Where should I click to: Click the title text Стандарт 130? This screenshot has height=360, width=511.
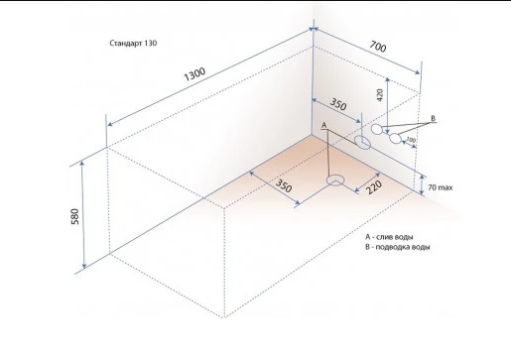point(133,43)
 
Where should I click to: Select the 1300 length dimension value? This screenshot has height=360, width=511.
point(194,74)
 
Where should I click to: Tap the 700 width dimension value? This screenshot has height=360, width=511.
point(378,47)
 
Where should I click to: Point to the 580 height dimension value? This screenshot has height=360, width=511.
point(75,217)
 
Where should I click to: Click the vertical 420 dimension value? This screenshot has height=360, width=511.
point(380,95)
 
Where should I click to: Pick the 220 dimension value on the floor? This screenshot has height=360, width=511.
point(374,187)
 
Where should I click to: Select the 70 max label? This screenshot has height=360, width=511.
point(441,187)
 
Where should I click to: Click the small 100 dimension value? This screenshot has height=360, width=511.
point(411,140)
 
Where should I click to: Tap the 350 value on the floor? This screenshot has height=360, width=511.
point(284,185)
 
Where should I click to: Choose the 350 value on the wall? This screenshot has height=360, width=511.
point(338,104)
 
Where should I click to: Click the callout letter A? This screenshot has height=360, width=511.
point(324,125)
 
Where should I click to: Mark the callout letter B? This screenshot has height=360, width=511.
point(434,118)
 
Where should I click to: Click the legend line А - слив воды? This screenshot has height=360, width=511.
point(389,237)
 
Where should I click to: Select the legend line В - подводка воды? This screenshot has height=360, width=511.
point(398,247)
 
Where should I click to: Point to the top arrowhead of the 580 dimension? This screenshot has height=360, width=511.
point(82,163)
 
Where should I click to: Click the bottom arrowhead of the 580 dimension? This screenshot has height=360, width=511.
point(84,266)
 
